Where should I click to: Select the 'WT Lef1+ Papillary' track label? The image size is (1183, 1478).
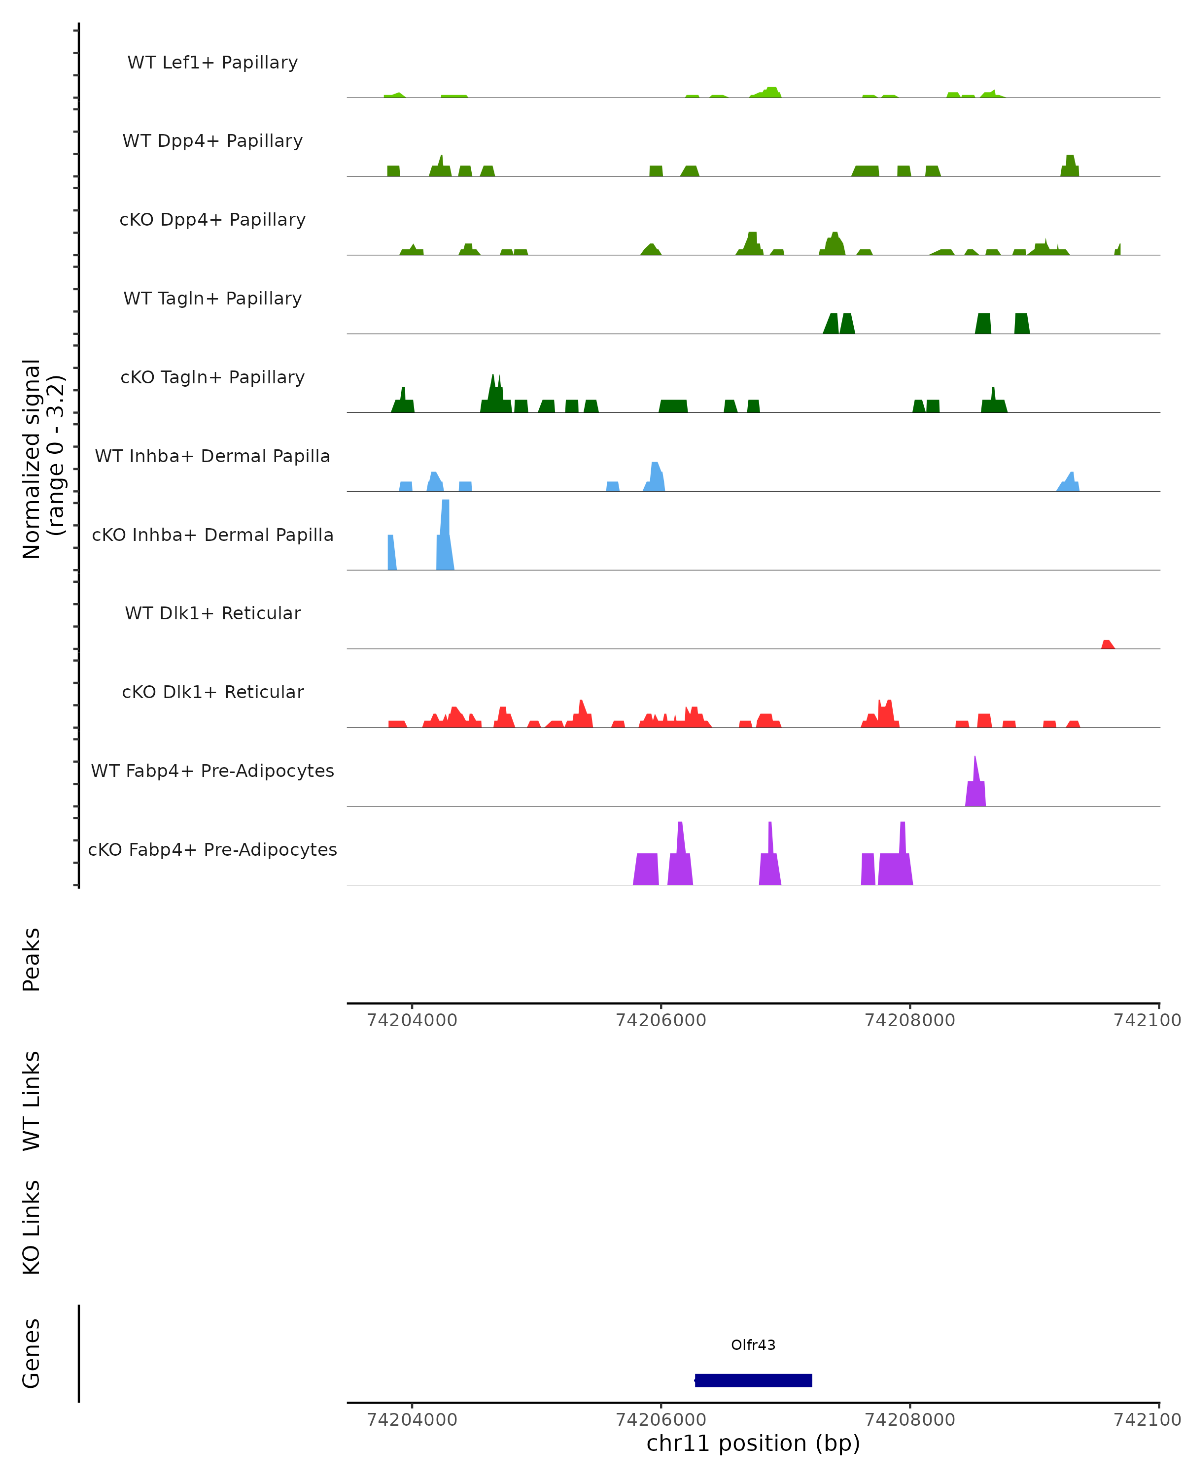tap(212, 63)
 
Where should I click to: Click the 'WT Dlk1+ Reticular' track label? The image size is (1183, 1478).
tap(212, 613)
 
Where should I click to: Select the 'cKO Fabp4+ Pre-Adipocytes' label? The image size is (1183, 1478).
tap(212, 849)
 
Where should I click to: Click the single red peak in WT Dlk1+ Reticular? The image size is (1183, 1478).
tap(1107, 644)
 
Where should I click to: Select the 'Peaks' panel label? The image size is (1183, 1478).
tap(32, 959)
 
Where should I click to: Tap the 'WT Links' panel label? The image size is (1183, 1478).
tap(32, 1100)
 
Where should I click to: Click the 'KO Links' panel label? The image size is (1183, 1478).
tap(32, 1227)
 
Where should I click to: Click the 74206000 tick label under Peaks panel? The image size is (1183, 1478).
tap(661, 1020)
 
